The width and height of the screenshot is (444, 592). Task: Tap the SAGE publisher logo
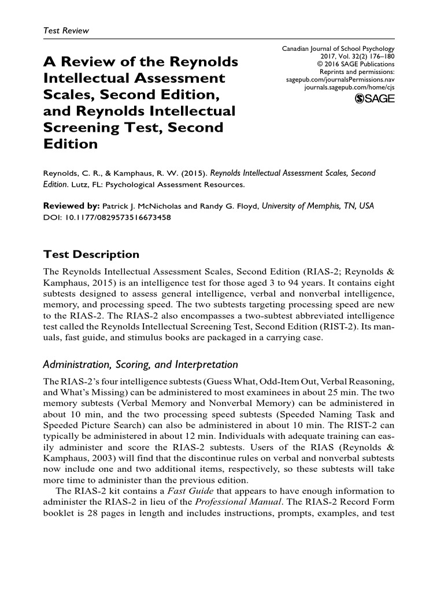coord(374,99)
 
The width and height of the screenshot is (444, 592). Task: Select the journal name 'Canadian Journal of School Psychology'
coord(338,49)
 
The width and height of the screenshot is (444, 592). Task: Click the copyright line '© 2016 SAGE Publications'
coord(356,64)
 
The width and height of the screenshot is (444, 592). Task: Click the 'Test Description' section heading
coord(91,254)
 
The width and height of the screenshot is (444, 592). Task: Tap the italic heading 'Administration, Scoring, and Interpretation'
coord(140,364)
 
